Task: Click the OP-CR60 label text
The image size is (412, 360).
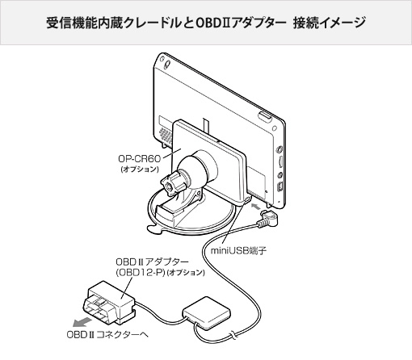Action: pyautogui.click(x=139, y=159)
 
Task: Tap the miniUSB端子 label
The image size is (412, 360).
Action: pyautogui.click(x=238, y=250)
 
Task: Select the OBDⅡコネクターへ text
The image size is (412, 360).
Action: pyautogui.click(x=107, y=335)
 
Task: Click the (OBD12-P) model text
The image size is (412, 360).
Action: pyautogui.click(x=141, y=272)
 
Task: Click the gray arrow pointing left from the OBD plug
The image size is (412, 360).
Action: pyautogui.click(x=82, y=321)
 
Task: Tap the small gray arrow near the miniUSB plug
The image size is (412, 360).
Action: pyautogui.click(x=256, y=207)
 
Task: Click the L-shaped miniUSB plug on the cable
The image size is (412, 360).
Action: pyautogui.click(x=267, y=219)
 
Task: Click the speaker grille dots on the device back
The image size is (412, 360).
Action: pyautogui.click(x=166, y=135)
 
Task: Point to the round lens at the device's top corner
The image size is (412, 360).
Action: pyautogui.click(x=167, y=64)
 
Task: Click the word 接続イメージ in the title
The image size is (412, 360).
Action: pyautogui.click(x=329, y=23)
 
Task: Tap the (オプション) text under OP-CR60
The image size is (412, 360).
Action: pyautogui.click(x=140, y=170)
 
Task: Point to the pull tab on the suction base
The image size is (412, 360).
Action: pyautogui.click(x=154, y=229)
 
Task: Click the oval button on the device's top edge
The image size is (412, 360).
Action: pyautogui.click(x=265, y=117)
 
